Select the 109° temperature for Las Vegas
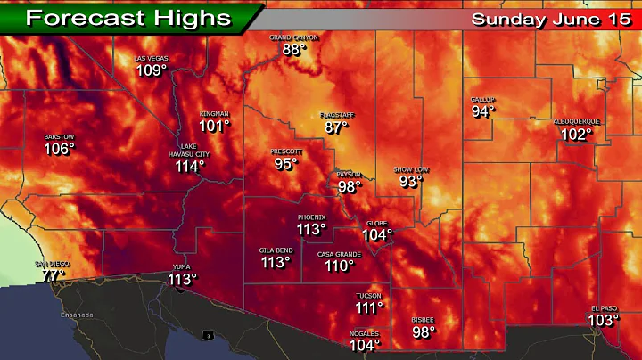[152, 70]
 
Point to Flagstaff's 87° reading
[336, 127]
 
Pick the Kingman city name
[215, 114]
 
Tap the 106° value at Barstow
[59, 149]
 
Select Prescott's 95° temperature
[285, 164]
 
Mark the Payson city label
[349, 175]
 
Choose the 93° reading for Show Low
[410, 181]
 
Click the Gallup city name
[483, 100]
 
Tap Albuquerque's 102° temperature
[576, 135]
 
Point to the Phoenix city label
[311, 217]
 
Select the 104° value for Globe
[377, 235]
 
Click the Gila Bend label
[276, 250]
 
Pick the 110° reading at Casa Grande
[339, 266]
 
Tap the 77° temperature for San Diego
[53, 276]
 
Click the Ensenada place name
[77, 315]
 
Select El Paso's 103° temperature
[604, 321]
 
